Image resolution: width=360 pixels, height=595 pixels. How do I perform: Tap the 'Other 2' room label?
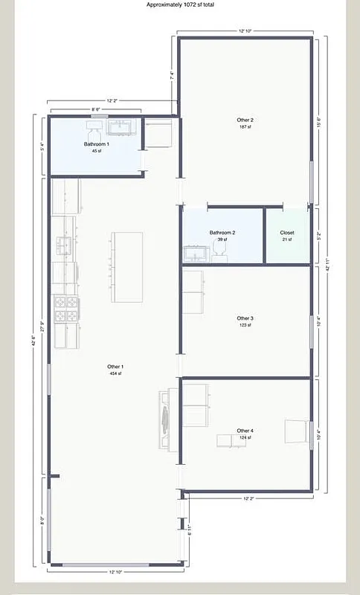tap(245, 120)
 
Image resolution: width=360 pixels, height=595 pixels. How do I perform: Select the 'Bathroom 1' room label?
tap(97, 144)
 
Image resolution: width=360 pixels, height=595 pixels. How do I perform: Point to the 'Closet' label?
tap(287, 232)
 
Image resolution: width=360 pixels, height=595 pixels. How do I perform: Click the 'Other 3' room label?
tap(245, 318)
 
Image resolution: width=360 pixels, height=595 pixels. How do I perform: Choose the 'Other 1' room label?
tap(115, 367)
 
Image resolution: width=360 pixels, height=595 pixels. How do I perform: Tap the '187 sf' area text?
tap(245, 127)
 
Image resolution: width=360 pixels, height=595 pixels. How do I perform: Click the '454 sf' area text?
tap(115, 374)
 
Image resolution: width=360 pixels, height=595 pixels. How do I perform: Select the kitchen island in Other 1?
tap(127, 267)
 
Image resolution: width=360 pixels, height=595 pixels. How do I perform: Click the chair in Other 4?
tap(296, 432)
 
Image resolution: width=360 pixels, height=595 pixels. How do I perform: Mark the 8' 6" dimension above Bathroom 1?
tap(97, 109)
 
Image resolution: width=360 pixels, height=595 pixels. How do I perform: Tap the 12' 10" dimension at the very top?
tap(246, 30)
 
